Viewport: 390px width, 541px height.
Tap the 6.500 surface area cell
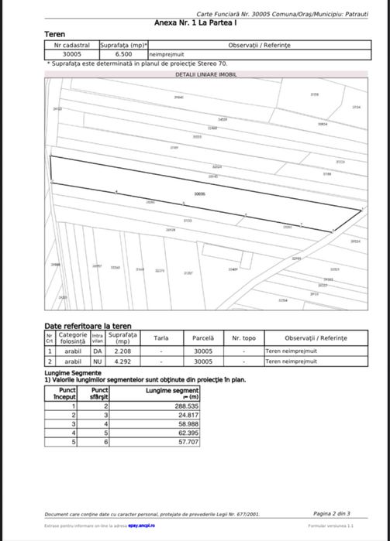point(123,55)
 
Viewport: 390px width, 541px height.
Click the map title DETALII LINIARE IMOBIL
point(206,74)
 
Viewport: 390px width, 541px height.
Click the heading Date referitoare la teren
point(88,327)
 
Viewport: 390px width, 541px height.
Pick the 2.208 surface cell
point(122,351)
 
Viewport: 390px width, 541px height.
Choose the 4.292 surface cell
point(122,361)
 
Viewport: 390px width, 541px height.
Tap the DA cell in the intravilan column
point(98,351)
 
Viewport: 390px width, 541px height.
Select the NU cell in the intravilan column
point(98,361)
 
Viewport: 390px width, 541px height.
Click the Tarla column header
point(160,338)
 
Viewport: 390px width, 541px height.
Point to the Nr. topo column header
point(243,338)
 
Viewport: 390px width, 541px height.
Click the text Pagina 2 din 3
point(332,513)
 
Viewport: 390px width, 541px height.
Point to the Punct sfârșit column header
point(95,394)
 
